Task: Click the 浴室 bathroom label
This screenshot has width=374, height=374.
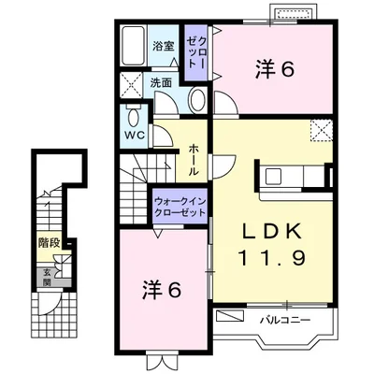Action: click(163, 46)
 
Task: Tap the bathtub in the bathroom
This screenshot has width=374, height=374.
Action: click(133, 45)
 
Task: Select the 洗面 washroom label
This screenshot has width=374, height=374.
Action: click(161, 82)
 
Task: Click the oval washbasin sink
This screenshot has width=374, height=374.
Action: click(197, 100)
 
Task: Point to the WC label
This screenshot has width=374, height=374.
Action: click(135, 136)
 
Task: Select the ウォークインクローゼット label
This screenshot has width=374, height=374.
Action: click(180, 207)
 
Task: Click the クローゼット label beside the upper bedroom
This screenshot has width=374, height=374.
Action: click(196, 52)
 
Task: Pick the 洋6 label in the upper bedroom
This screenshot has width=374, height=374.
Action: click(275, 69)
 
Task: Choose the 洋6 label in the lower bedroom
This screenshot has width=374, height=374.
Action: click(162, 290)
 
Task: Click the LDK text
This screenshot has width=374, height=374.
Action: click(272, 231)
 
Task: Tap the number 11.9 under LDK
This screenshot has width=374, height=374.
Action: click(272, 257)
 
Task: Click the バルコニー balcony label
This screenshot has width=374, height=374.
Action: click(285, 320)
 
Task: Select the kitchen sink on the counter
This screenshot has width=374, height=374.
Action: click(274, 176)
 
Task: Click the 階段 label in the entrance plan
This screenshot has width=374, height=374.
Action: click(49, 242)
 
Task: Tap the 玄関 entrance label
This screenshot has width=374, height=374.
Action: click(47, 278)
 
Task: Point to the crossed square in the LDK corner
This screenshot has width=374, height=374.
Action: click(322, 130)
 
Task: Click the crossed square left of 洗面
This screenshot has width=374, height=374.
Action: click(131, 84)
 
